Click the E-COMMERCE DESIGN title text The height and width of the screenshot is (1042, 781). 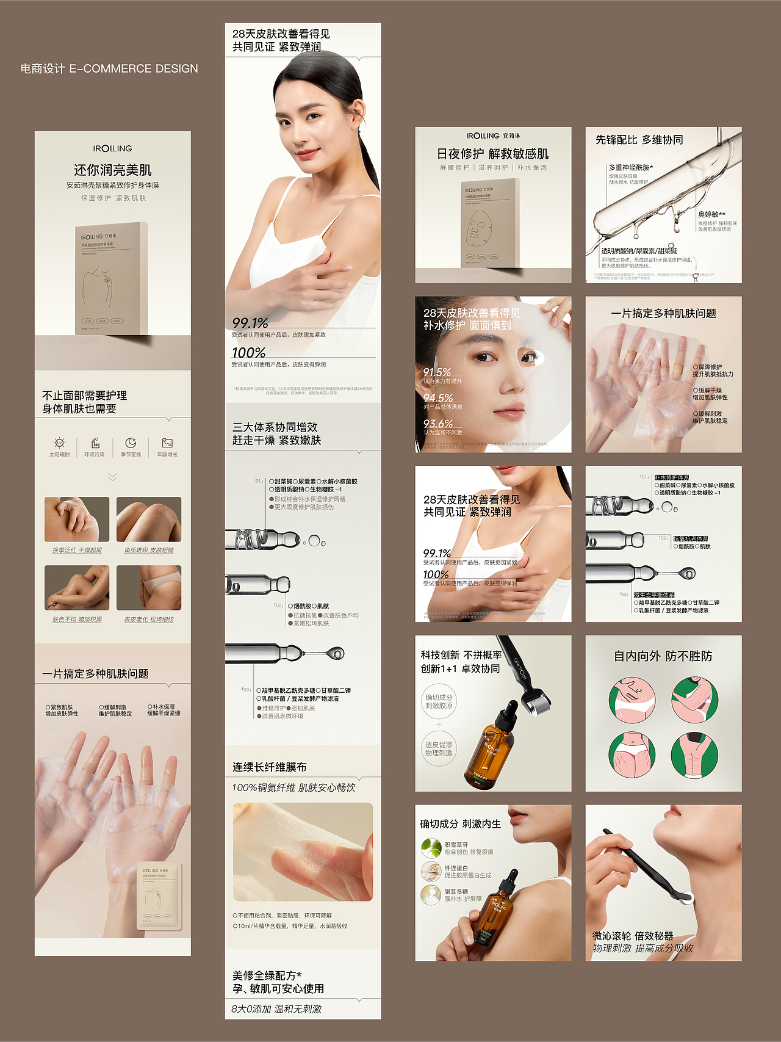coord(109,69)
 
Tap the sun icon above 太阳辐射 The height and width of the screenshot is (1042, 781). coord(59,443)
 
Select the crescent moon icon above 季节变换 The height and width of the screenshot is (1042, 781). coord(131,443)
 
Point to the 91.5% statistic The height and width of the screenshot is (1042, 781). coord(437,372)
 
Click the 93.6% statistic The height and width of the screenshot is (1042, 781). coord(438,424)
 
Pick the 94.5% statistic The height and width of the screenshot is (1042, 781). coord(438,398)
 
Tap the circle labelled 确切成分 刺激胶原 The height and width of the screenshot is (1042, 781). coord(439,701)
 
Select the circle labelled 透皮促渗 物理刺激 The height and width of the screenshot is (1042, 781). coord(439,748)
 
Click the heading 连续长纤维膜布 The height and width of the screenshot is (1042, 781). coord(269,767)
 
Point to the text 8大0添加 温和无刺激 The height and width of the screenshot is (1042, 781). coord(276,1009)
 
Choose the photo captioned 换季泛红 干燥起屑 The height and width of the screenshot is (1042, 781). coord(77,519)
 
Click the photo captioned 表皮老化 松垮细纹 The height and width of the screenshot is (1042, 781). coord(149,588)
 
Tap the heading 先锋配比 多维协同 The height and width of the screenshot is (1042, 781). coord(639,140)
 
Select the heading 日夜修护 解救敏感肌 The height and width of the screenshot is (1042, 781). coord(492,154)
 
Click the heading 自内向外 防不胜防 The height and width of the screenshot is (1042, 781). coord(663,656)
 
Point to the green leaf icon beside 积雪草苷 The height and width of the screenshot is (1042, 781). coord(431,848)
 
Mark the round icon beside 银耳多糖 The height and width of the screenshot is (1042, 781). coord(431,895)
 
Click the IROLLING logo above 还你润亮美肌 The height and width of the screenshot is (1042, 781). coord(112,149)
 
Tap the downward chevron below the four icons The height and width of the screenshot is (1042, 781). coord(113,477)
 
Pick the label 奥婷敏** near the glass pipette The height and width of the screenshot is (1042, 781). coord(711,214)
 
